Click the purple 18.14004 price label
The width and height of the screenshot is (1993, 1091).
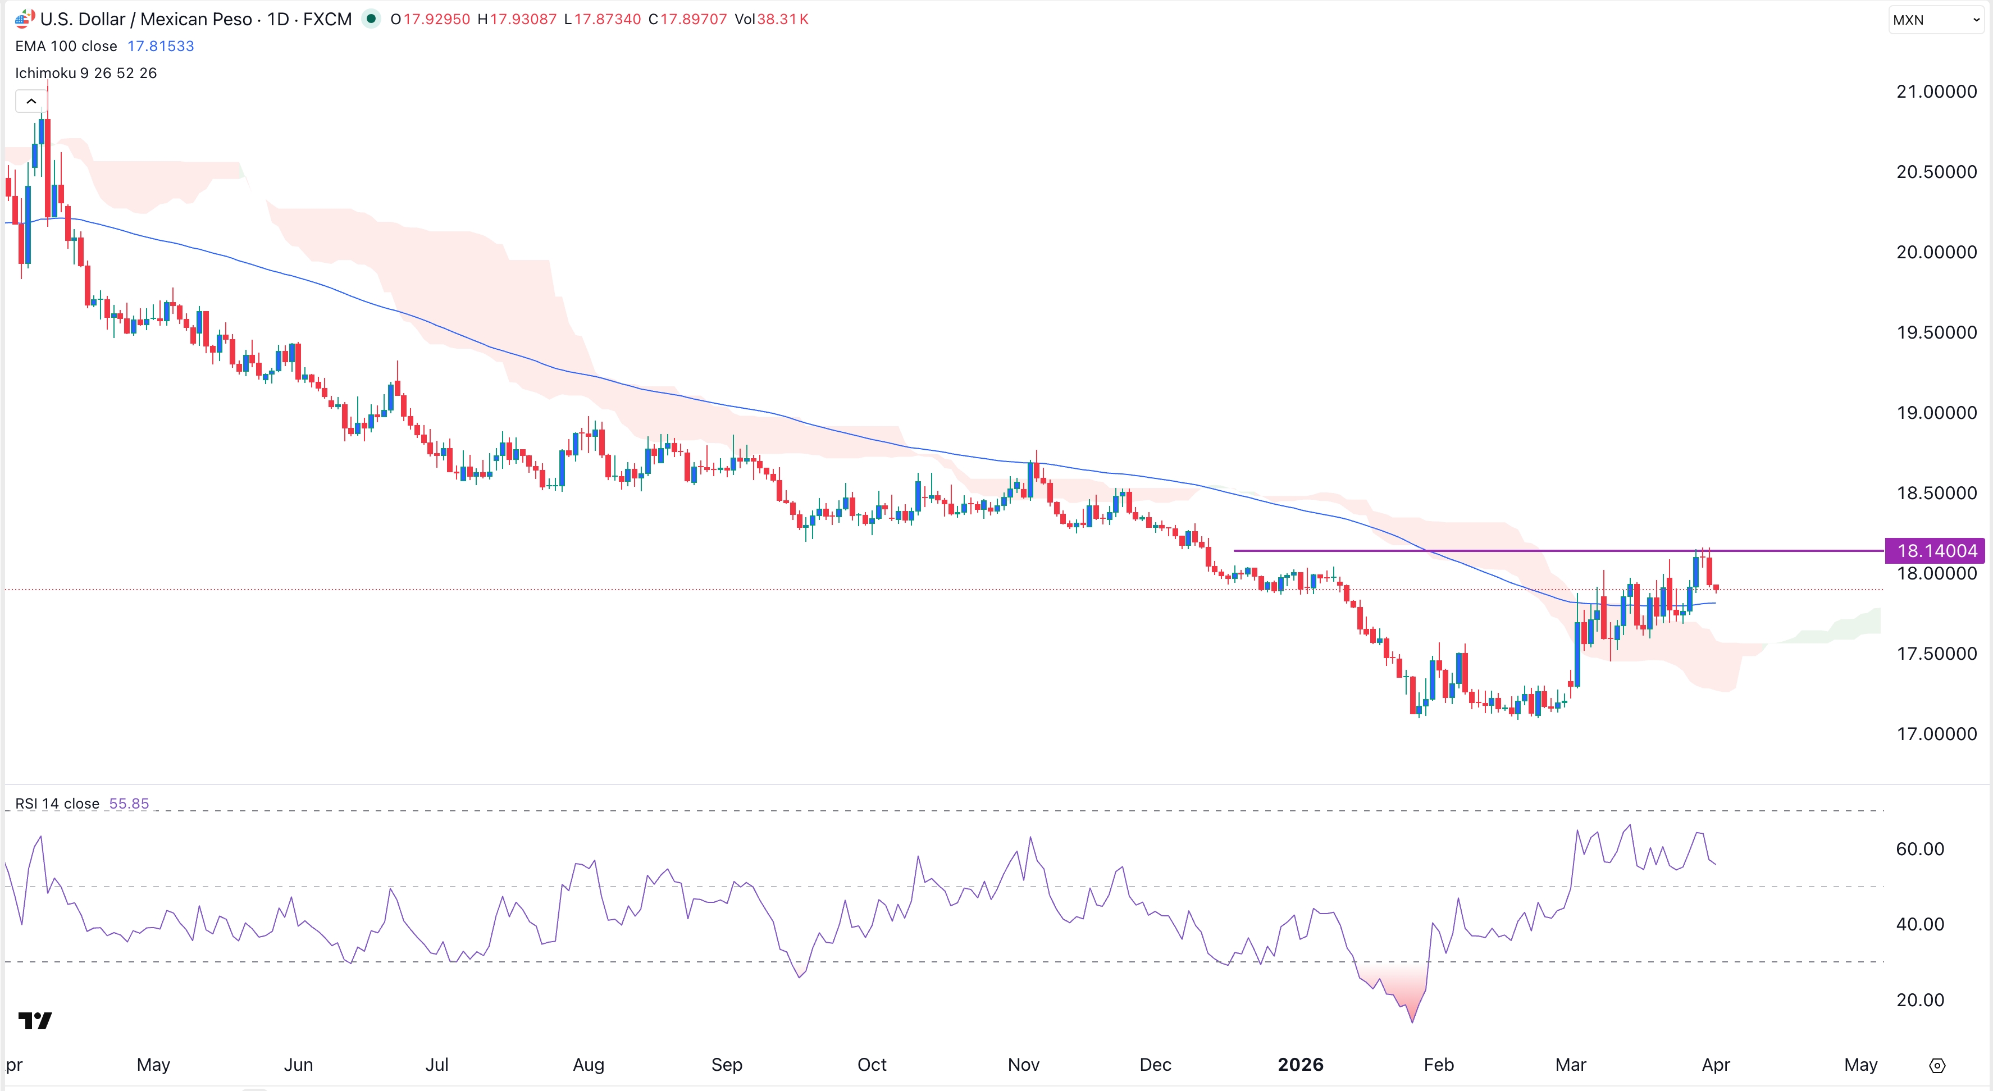click(1936, 550)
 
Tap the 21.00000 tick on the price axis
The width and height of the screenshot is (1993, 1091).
click(1936, 92)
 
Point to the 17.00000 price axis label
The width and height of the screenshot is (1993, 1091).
click(1936, 733)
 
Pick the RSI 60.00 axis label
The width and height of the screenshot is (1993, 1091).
click(1919, 849)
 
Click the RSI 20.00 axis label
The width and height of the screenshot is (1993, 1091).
click(1919, 999)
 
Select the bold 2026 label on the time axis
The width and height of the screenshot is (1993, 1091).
click(1300, 1065)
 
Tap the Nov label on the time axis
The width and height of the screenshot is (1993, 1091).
click(1023, 1065)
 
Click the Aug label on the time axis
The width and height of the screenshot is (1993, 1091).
click(588, 1065)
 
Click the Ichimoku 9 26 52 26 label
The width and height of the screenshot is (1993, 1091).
click(86, 73)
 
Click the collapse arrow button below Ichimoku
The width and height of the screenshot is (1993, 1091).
click(31, 102)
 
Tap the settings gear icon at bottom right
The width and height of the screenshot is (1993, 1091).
click(1936, 1066)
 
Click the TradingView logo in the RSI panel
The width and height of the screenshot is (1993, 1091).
click(35, 1021)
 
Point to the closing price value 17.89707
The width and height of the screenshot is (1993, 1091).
click(693, 19)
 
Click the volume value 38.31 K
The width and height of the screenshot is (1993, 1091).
click(782, 19)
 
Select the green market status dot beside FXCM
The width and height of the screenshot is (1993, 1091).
click(371, 19)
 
